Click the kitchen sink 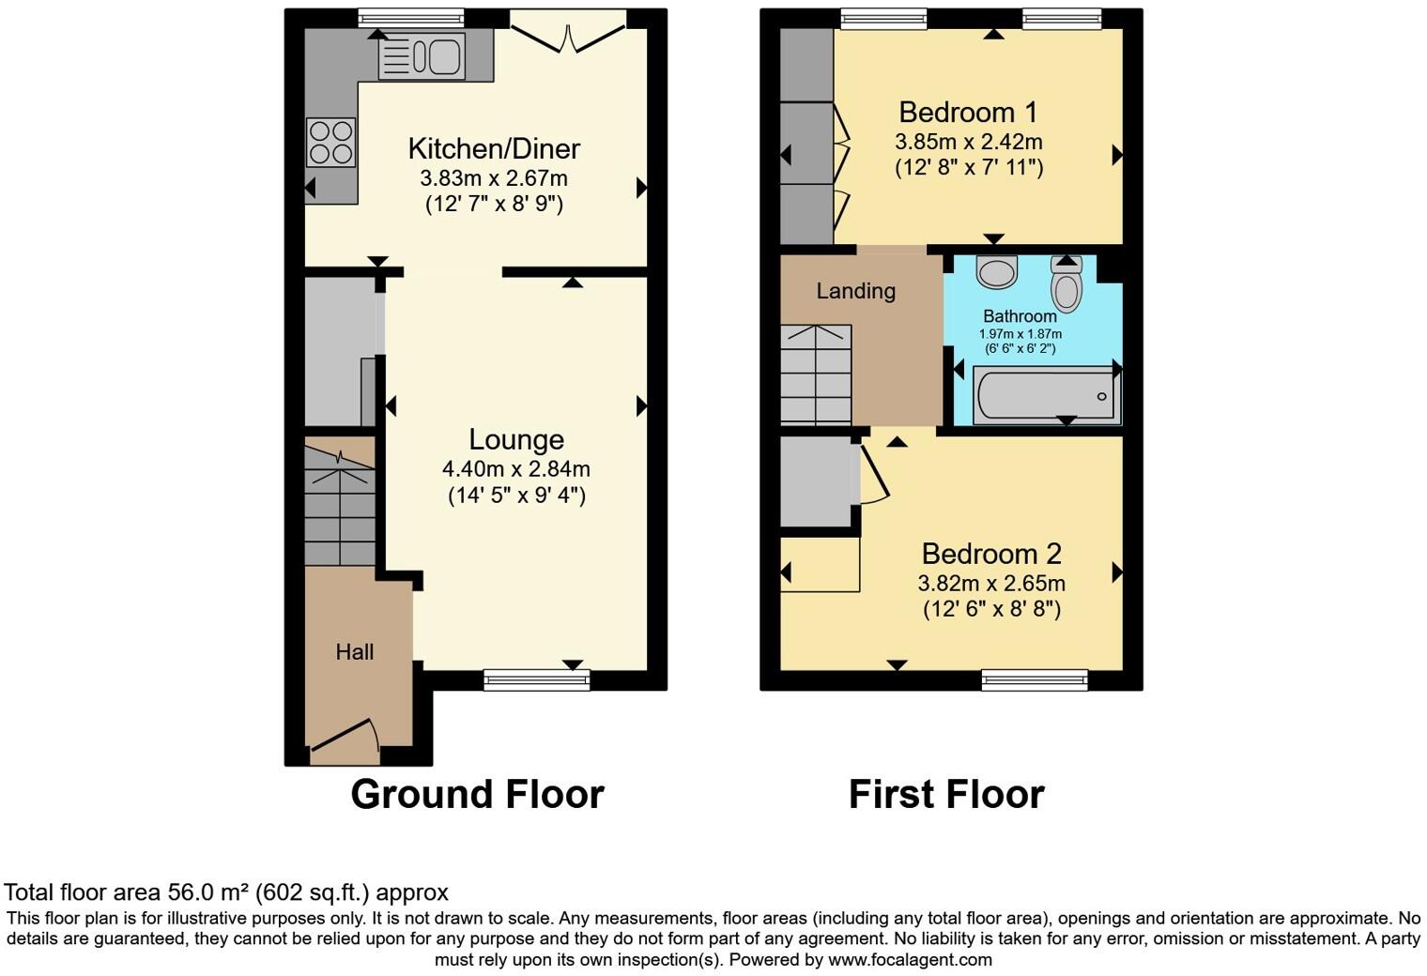(422, 56)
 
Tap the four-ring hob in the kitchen (330, 143)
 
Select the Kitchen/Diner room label (494, 148)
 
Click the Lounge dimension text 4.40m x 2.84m (515, 468)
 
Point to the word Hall (355, 652)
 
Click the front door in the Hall (345, 736)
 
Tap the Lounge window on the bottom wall (536, 679)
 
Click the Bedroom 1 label (968, 113)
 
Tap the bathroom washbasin (997, 271)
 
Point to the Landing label (855, 291)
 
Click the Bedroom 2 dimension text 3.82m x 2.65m (991, 583)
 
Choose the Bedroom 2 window (1035, 679)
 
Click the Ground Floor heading (477, 794)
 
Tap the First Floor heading (946, 794)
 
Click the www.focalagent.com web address (909, 959)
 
